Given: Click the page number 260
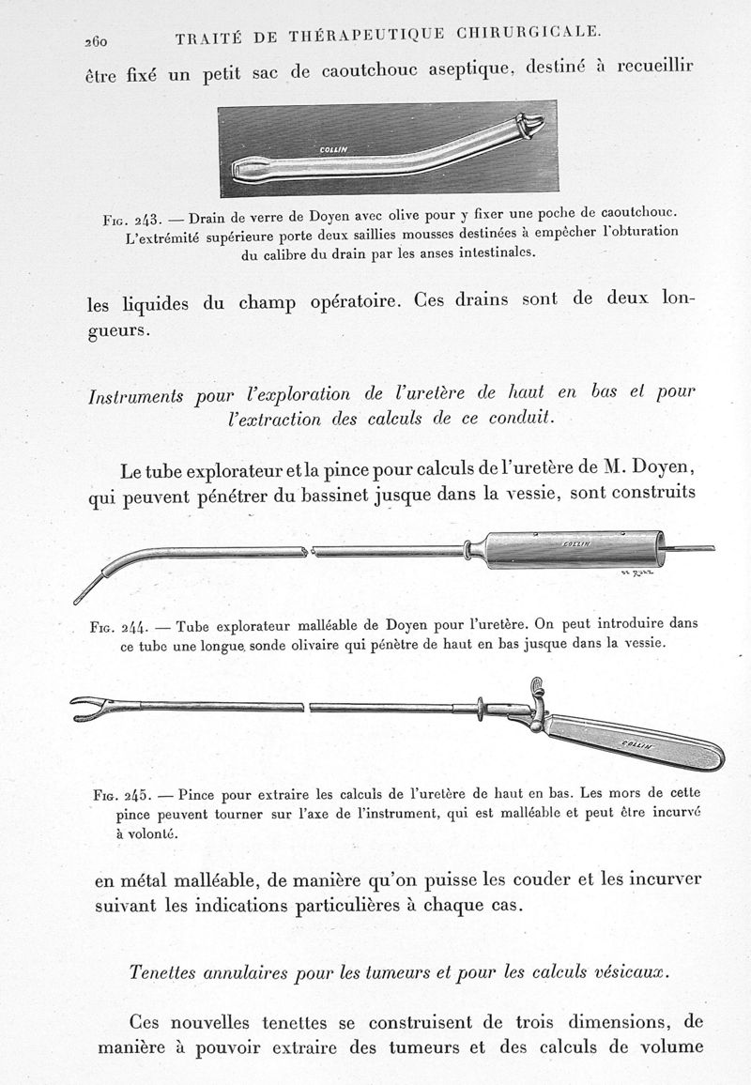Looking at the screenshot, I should pyautogui.click(x=97, y=40).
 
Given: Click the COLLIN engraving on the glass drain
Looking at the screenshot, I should pyautogui.click(x=333, y=148).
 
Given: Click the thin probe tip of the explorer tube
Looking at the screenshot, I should pyautogui.click(x=84, y=591).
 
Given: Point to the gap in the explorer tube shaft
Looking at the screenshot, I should pyautogui.click(x=311, y=551).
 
